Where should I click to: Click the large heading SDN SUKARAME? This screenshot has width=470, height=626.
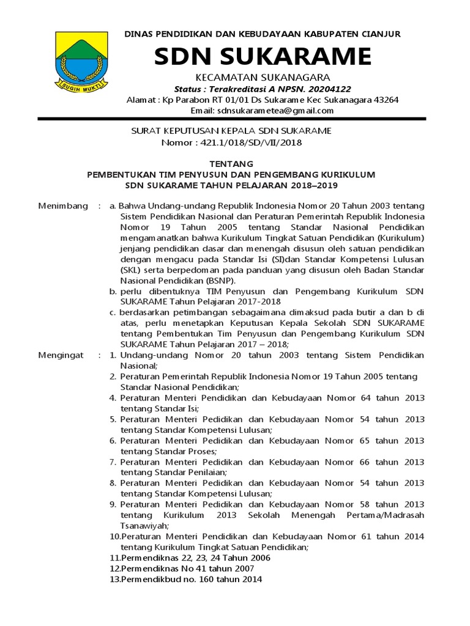click(x=263, y=57)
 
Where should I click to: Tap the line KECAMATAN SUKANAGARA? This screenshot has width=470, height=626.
click(x=263, y=77)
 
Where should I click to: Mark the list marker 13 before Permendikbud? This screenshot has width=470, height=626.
click(x=114, y=580)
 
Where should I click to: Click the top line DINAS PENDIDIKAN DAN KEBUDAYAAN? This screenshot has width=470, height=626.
click(x=263, y=34)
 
